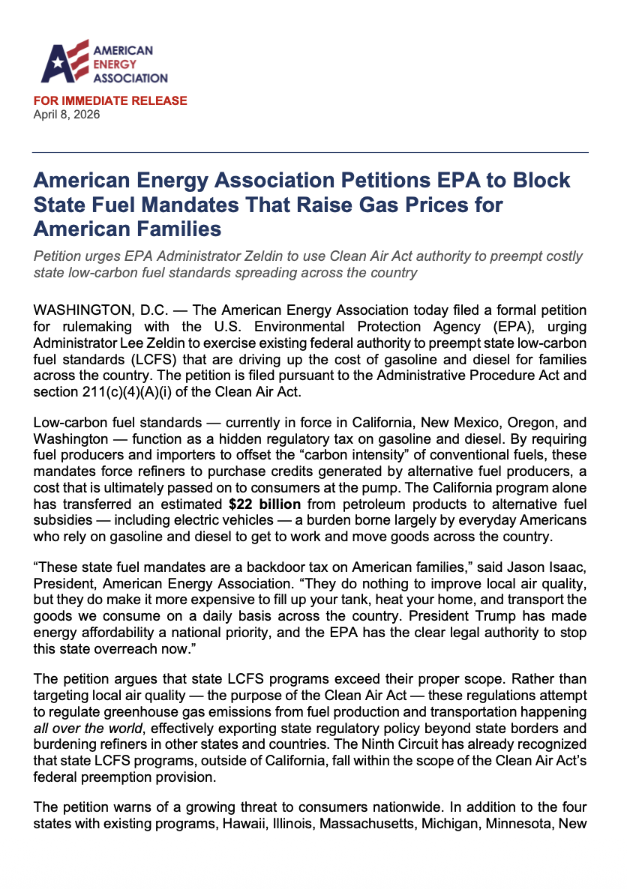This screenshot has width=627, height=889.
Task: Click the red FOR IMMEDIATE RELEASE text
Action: click(x=110, y=100)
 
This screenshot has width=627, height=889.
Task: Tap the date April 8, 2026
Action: click(x=67, y=115)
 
